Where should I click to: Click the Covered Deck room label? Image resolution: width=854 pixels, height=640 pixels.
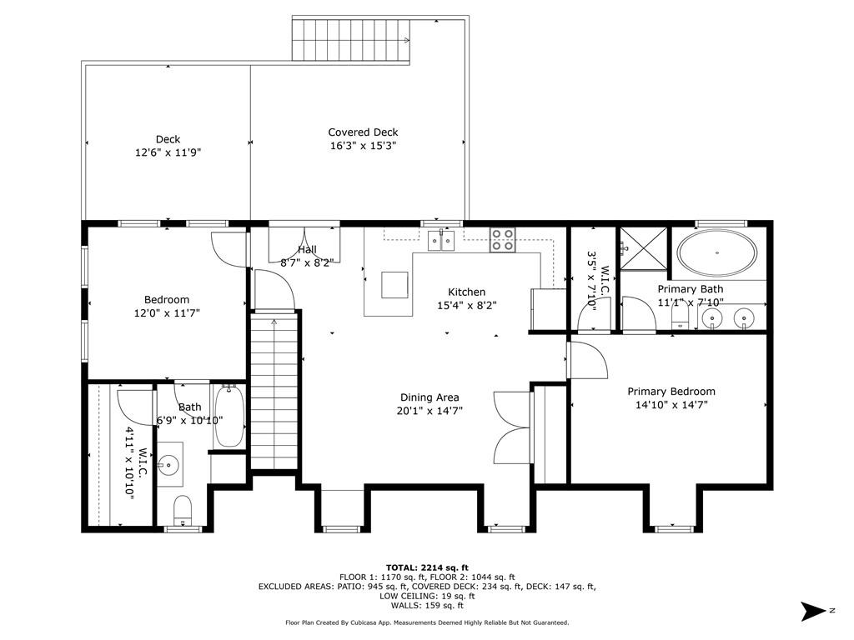pyautogui.click(x=364, y=132)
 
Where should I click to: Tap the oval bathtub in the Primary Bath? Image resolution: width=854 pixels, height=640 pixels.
pyautogui.click(x=716, y=253)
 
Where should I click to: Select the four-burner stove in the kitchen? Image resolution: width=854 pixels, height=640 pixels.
pyautogui.click(x=502, y=239)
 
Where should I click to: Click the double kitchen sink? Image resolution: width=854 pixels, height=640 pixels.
pyautogui.click(x=440, y=240)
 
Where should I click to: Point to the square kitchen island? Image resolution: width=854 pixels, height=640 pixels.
pyautogui.click(x=394, y=285)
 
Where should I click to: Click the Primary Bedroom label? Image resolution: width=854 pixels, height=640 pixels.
pyautogui.click(x=671, y=392)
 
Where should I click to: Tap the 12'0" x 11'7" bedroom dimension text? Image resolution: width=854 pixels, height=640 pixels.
pyautogui.click(x=167, y=313)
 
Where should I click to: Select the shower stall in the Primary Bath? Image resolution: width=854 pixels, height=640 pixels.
pyautogui.click(x=644, y=248)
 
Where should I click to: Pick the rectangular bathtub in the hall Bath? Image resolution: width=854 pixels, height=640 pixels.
pyautogui.click(x=229, y=416)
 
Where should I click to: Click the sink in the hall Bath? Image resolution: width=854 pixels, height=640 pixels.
pyautogui.click(x=169, y=465)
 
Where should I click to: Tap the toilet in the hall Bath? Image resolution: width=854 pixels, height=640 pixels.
pyautogui.click(x=183, y=511)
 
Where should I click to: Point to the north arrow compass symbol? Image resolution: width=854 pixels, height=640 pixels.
pyautogui.click(x=814, y=611)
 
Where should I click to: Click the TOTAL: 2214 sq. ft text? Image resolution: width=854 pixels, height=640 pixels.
pyautogui.click(x=427, y=567)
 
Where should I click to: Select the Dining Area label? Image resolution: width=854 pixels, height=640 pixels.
pyautogui.click(x=430, y=397)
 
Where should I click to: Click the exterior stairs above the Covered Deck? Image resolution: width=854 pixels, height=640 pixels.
pyautogui.click(x=351, y=40)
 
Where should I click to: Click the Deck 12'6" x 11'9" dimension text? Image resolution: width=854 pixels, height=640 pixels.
pyautogui.click(x=168, y=153)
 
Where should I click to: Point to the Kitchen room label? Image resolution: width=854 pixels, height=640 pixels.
pyautogui.click(x=467, y=292)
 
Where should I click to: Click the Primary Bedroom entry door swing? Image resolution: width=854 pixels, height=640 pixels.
pyautogui.click(x=589, y=360)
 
